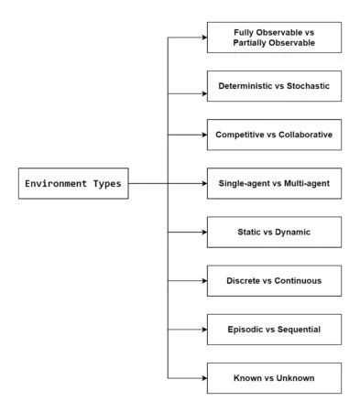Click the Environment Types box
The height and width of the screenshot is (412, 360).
[73, 183]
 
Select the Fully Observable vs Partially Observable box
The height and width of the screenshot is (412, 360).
[274, 38]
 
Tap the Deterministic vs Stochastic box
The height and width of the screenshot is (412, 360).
[274, 87]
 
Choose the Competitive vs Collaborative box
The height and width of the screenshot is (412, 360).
[274, 136]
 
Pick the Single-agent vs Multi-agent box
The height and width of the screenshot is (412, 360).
[274, 184]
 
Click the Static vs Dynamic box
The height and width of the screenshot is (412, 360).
[274, 233]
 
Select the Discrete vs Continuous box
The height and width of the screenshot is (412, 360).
[274, 280]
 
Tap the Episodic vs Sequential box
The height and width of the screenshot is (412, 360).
[274, 329]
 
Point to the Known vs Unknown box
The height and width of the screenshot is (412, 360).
[274, 377]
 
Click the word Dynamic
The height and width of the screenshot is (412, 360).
[292, 233]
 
